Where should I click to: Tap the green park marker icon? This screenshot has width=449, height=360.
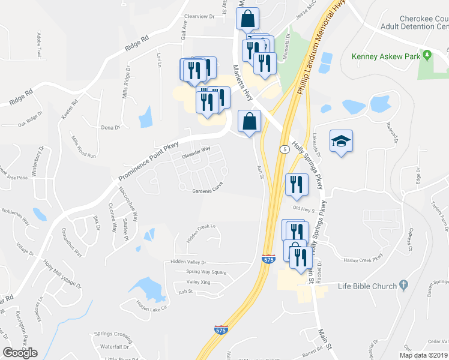tap(427, 56)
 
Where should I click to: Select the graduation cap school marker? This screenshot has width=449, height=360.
tap(341, 142)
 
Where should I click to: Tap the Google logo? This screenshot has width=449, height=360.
tap(20, 353)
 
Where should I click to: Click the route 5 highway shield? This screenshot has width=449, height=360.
tap(282, 148)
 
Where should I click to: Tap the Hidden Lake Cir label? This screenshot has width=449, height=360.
tap(151, 305)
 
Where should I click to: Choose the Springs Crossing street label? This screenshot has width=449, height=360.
tap(113, 334)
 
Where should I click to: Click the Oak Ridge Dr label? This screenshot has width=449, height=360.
tap(30, 119)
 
